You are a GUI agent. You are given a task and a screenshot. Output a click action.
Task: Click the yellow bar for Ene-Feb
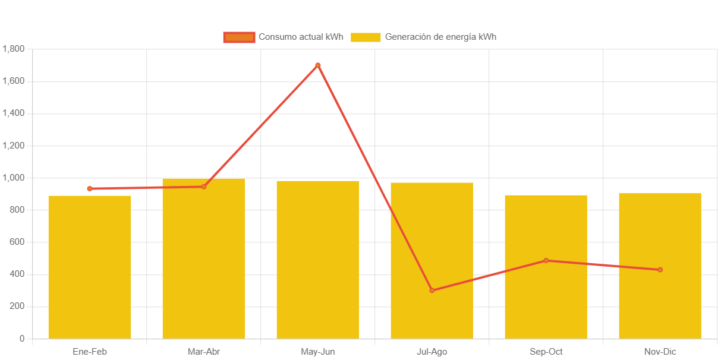coord(90,267)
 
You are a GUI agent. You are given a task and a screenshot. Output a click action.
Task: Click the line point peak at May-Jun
coord(318,65)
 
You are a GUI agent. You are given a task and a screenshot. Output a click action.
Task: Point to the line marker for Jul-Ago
coord(432,290)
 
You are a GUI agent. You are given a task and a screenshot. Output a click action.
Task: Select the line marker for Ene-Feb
coord(90,189)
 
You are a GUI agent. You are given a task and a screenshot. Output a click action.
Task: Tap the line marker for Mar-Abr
coord(204,187)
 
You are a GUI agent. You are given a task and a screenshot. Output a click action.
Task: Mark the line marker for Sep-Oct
coord(546,260)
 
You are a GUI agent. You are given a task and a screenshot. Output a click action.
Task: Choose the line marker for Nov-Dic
coord(660,270)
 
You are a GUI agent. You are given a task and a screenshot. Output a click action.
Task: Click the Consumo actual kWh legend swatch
coord(239,37)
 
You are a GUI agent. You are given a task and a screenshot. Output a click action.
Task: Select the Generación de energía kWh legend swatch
coord(366,37)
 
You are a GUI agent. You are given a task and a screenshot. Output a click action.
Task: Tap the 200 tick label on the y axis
coord(17,306)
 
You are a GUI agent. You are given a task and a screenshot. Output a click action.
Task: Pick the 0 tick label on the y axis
coord(22,338)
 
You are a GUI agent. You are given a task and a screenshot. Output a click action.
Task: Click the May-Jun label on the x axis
coord(318,352)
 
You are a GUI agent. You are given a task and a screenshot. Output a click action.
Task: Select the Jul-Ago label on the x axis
coord(432,352)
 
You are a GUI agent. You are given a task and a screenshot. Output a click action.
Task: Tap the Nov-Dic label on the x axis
coord(660,352)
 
